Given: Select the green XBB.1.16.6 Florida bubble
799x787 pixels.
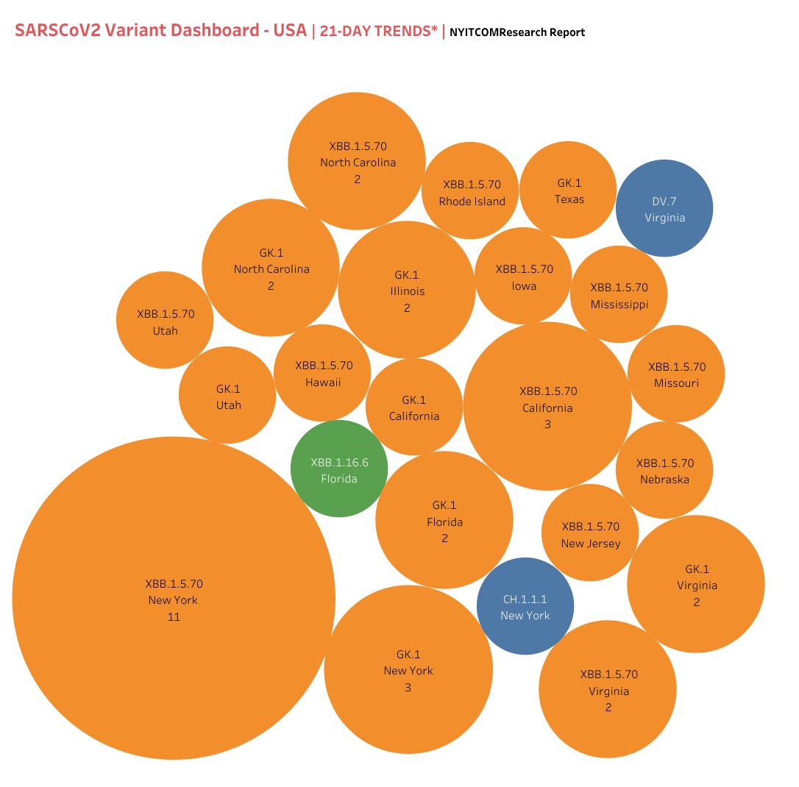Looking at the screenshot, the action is click(x=339, y=469).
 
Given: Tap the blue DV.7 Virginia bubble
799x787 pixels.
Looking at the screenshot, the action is click(x=664, y=208).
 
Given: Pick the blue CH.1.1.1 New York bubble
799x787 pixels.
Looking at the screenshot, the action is click(x=525, y=606).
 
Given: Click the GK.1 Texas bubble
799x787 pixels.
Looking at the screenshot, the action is click(x=568, y=190).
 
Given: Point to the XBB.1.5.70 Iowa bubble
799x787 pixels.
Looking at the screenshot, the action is click(x=524, y=276).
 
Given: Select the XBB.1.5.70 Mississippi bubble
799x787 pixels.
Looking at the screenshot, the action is click(x=619, y=294).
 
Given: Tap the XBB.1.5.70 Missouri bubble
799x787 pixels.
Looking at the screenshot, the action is click(x=676, y=374).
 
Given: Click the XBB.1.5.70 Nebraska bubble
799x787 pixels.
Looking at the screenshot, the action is click(x=664, y=470).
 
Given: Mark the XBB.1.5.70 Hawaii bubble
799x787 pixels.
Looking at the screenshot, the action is click(x=323, y=373).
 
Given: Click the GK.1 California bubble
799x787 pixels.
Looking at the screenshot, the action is click(x=414, y=407).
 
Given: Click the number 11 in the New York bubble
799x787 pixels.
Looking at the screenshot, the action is click(x=174, y=617).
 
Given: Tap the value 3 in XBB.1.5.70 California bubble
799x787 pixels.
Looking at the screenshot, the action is click(x=547, y=424).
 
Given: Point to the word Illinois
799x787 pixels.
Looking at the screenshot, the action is click(x=407, y=291).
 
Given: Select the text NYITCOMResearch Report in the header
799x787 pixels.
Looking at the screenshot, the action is click(x=517, y=32).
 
